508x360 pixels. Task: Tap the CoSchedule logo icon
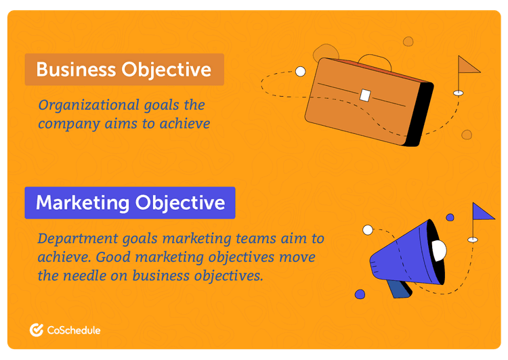pos(37,330)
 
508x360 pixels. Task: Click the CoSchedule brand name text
pos(74,330)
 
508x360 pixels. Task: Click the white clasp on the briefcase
pos(366,95)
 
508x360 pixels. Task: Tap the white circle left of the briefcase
pos(300,70)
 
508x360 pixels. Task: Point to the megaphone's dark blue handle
pos(399,287)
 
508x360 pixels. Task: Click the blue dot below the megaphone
pos(360,294)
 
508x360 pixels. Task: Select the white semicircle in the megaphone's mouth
pos(440,251)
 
